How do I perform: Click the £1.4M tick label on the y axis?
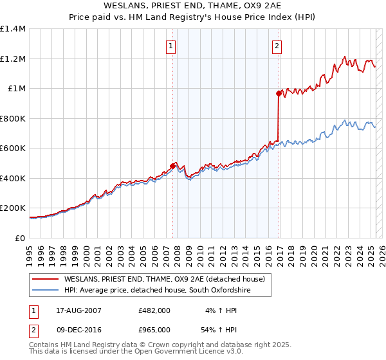pyautogui.click(x=13, y=29)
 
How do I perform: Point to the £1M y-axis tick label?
pyautogui.click(x=16, y=89)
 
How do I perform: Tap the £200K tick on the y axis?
pyautogui.click(x=13, y=208)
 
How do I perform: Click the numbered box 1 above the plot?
pyautogui.click(x=172, y=46)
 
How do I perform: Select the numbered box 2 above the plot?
pyautogui.click(x=277, y=46)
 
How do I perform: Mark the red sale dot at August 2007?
pyautogui.click(x=172, y=166)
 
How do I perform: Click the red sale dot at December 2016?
pyautogui.click(x=279, y=93)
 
